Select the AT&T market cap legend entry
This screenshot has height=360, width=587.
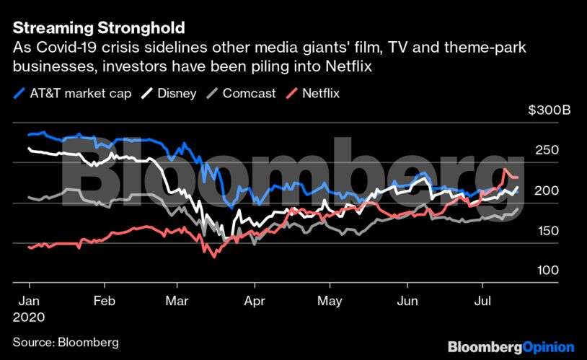[x=72, y=93]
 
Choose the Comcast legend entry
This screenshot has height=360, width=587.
[x=241, y=93]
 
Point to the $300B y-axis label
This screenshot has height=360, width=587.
[x=549, y=110]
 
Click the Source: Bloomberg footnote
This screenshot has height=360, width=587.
[x=66, y=342]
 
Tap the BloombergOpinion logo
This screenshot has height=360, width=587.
[x=511, y=346]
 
